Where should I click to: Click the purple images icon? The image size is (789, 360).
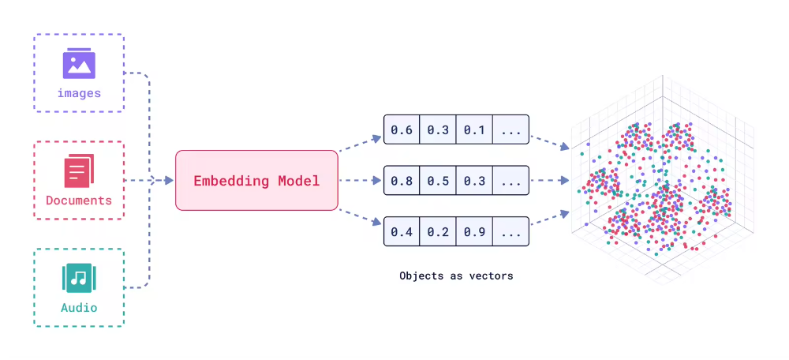(79, 64)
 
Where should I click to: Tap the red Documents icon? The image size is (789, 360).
(79, 171)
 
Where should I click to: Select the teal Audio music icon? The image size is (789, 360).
(79, 278)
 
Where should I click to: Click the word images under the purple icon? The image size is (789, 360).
(79, 93)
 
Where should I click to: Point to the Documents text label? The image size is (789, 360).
(79, 201)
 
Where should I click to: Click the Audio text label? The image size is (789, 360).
(79, 307)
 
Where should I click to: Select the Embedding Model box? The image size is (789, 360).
(256, 181)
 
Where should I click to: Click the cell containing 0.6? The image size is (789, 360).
(402, 129)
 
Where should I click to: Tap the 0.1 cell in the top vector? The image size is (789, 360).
(474, 129)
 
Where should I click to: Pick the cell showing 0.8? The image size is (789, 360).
(402, 181)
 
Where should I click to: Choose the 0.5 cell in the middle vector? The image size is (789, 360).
(438, 181)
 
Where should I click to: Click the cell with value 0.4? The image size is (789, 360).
(402, 233)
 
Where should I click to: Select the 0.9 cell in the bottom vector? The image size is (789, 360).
(474, 233)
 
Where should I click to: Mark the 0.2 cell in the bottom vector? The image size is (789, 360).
(438, 233)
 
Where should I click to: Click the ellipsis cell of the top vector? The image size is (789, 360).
(510, 129)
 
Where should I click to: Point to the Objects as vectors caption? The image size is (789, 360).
(456, 276)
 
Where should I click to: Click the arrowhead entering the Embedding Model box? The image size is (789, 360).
(169, 180)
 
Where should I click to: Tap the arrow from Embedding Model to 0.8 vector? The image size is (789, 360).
(360, 181)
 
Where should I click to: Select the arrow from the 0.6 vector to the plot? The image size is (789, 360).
(550, 141)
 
